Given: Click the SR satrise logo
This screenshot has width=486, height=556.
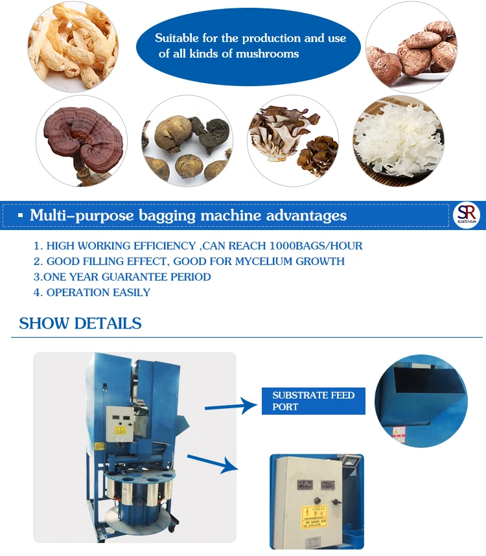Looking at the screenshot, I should (466, 214).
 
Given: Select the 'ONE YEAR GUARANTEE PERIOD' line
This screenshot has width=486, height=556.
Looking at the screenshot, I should (122, 277).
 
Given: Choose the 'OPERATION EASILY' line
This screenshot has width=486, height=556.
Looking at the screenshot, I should (92, 292).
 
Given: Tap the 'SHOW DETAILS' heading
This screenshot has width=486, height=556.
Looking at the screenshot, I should (80, 323).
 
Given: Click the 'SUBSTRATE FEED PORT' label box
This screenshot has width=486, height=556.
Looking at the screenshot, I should (314, 401).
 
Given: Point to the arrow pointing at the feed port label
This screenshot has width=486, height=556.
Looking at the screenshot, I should (231, 406).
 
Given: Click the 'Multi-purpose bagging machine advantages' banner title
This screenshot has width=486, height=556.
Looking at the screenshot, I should (188, 216).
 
